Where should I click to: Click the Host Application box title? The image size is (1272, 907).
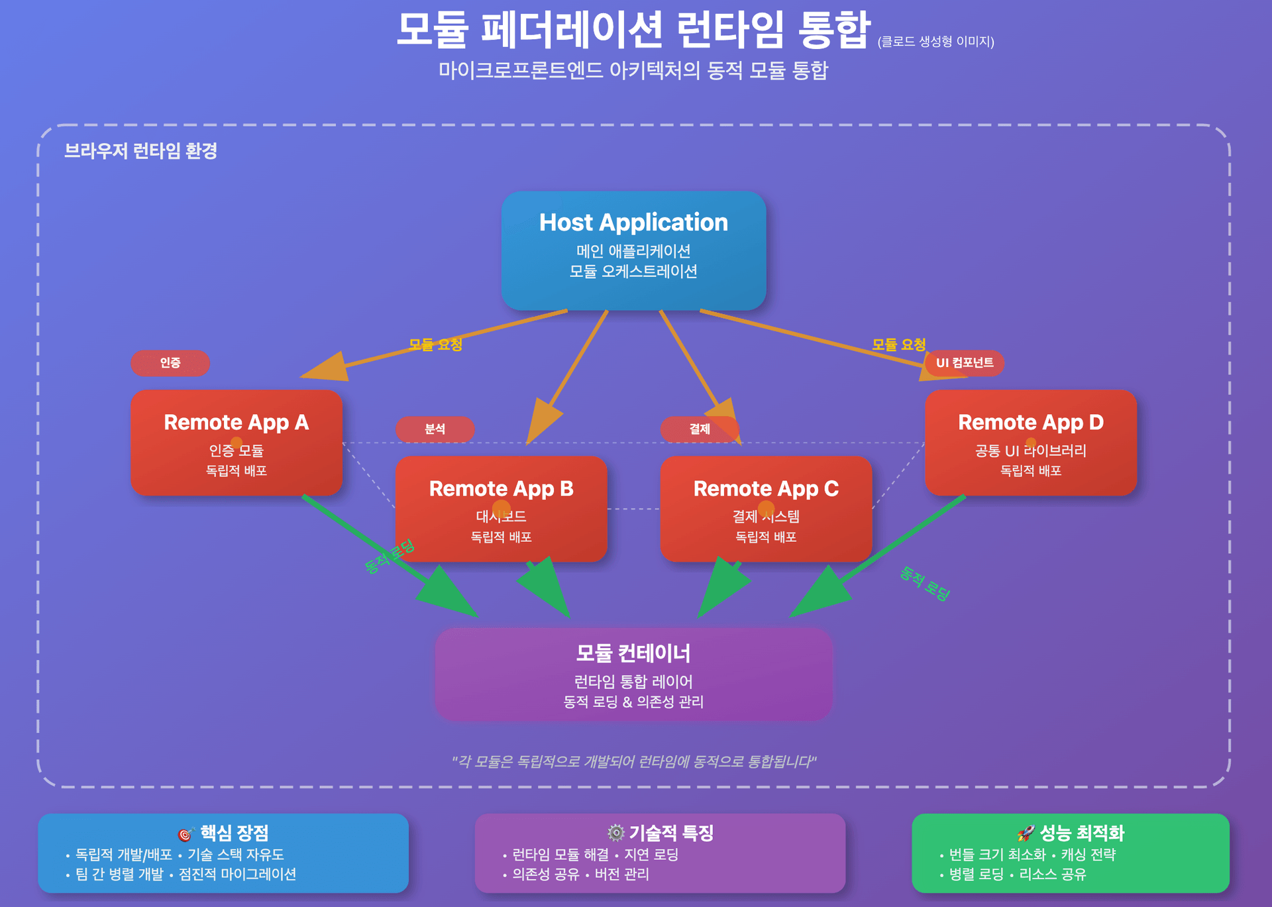click(633, 223)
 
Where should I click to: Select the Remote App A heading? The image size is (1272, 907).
click(237, 423)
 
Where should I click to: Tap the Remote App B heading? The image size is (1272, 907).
click(501, 489)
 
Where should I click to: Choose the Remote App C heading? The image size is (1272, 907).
click(766, 489)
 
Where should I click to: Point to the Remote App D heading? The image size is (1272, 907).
click(1031, 423)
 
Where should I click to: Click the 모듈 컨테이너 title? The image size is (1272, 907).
click(633, 653)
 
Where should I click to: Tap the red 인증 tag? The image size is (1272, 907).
click(170, 363)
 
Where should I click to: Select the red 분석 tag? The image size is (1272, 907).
click(435, 429)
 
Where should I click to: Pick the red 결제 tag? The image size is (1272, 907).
click(700, 429)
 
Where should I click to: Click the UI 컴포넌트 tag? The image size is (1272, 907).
click(965, 363)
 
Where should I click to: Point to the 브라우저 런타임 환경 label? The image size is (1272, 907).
click(140, 151)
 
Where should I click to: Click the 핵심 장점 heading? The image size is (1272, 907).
click(235, 833)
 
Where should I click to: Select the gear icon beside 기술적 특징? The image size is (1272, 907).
click(616, 833)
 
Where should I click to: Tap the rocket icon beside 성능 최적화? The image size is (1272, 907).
click(1026, 833)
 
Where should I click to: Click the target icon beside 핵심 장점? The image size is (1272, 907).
click(185, 834)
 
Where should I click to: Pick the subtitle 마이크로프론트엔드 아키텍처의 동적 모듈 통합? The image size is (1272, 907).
click(633, 70)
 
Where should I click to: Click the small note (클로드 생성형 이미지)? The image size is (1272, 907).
click(935, 42)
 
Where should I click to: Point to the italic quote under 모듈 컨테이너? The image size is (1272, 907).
click(633, 761)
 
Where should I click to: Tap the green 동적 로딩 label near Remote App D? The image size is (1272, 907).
click(925, 584)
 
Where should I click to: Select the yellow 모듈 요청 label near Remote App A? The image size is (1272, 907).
click(435, 345)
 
